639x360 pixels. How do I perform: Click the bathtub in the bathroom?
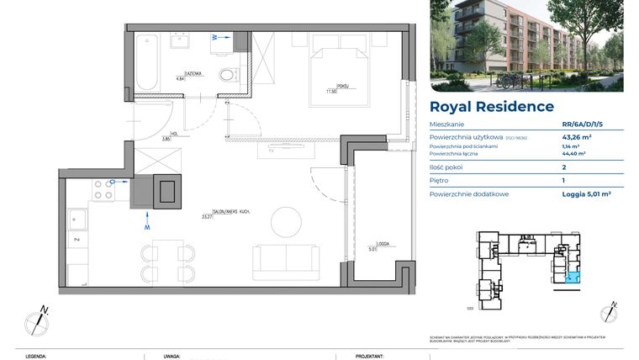click(x=146, y=61)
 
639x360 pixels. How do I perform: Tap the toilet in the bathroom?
click(x=226, y=77)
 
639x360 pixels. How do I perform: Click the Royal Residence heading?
click(x=491, y=107)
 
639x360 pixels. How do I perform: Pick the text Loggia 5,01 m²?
click(x=586, y=193)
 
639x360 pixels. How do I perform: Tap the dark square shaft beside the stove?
click(x=167, y=191)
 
